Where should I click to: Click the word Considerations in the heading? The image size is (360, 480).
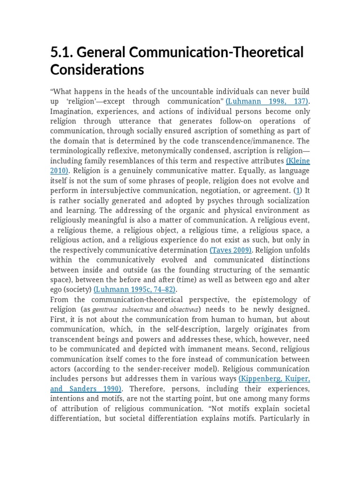coord(97,70)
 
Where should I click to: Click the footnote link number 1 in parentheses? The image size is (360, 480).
coord(297,191)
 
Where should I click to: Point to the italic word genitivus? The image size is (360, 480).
coord(106,310)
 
